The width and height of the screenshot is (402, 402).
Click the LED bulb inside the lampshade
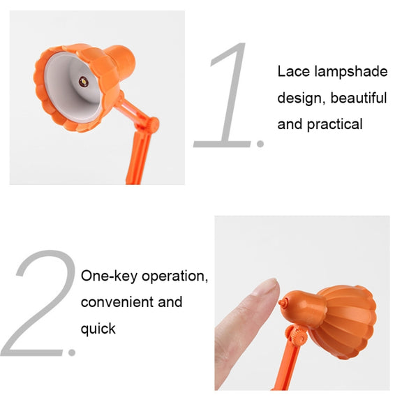pyautogui.click(x=84, y=82)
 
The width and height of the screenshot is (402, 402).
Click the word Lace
pyautogui.click(x=294, y=71)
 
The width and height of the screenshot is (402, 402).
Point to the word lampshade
pyautogui.click(x=351, y=72)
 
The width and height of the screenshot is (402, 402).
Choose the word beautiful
pyautogui.click(x=359, y=98)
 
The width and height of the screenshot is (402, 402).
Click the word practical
pyautogui.click(x=334, y=125)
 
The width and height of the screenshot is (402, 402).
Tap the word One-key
pyautogui.click(x=109, y=276)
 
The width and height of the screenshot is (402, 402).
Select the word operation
pyautogui.click(x=174, y=276)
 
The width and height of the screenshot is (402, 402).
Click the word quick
pyautogui.click(x=98, y=329)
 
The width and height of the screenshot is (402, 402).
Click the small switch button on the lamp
pyautogui.click(x=283, y=303)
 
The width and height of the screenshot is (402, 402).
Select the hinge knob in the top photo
pyautogui.click(x=153, y=125)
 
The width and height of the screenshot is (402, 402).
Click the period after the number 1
pyautogui.click(x=260, y=144)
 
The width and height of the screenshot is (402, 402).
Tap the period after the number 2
pyautogui.click(x=72, y=352)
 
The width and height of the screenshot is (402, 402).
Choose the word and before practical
pyautogui.click(x=290, y=124)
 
